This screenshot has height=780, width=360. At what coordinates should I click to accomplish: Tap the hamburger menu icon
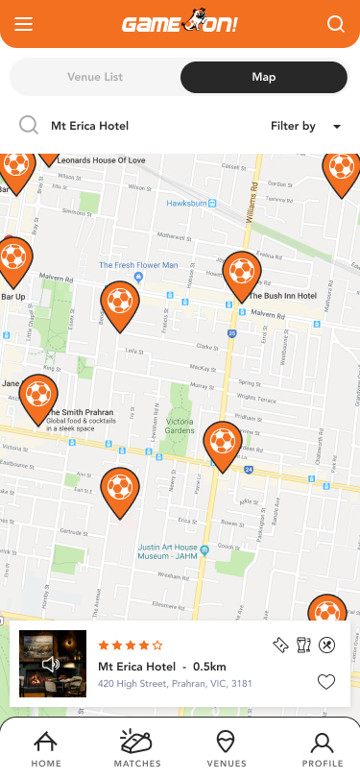coord(23,25)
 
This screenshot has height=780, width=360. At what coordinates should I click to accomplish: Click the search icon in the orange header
coord(335,25)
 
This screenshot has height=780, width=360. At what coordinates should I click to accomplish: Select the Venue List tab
coord(95,77)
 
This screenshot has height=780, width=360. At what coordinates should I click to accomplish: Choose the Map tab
coord(263,77)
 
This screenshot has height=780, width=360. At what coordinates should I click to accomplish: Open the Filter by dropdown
coord(305,126)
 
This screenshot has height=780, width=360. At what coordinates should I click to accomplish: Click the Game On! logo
coord(180,24)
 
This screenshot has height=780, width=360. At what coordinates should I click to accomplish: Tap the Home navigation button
coord(45,748)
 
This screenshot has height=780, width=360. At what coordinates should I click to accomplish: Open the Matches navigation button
coord(137,748)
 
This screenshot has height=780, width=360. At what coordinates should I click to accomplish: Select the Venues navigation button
coord(227,748)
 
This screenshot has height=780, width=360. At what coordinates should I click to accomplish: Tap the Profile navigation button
coord(322,748)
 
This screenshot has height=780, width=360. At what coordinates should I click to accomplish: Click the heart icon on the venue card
coord(325,682)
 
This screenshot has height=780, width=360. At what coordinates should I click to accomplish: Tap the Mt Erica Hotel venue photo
coord(53,664)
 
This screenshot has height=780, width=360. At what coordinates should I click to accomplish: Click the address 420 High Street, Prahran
coord(175,685)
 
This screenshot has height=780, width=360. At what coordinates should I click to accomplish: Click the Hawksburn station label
coord(187,204)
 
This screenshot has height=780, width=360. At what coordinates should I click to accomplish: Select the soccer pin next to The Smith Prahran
coord(38,396)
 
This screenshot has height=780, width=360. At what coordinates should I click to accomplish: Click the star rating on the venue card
coord(131,646)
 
